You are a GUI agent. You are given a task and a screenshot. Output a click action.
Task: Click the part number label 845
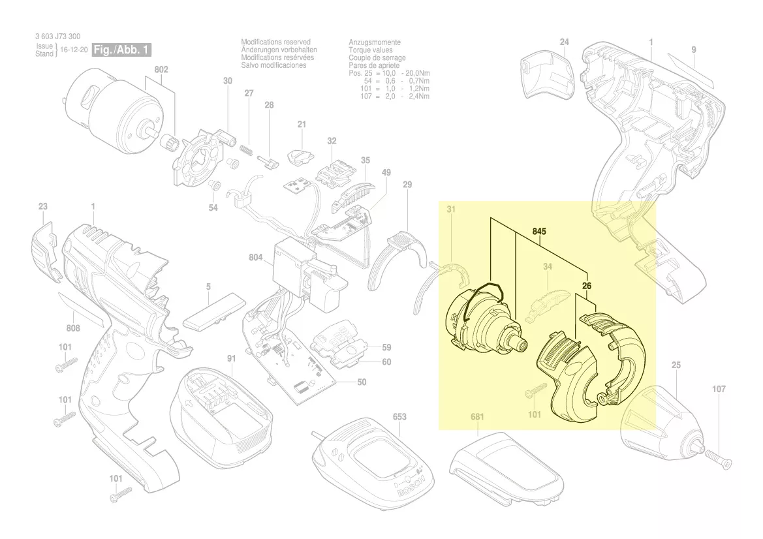(x=539, y=232)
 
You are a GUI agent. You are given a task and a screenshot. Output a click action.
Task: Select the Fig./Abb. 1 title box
(x=123, y=50)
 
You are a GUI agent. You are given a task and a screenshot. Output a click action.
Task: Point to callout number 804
(x=255, y=258)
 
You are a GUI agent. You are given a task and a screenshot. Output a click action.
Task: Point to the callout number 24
(x=565, y=42)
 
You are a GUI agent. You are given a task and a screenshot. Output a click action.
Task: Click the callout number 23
(x=42, y=206)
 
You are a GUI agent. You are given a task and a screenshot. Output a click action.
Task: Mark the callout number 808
(x=73, y=328)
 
